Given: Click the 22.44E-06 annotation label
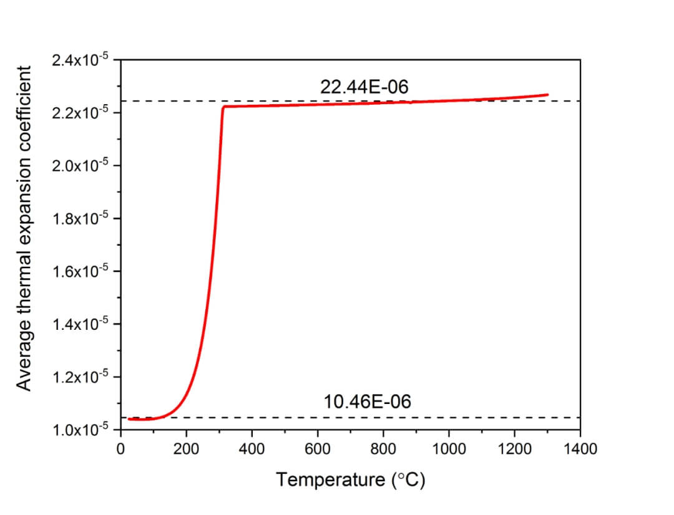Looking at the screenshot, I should click(364, 87).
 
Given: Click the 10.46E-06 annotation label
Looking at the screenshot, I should click(368, 402).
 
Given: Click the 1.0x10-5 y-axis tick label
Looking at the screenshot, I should click(82, 430).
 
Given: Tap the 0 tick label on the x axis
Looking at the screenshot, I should click(121, 448).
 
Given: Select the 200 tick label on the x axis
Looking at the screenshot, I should click(186, 448).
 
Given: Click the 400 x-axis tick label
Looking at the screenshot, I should click(252, 448).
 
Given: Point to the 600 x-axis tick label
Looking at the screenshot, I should click(318, 448).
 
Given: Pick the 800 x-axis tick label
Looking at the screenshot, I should click(383, 448).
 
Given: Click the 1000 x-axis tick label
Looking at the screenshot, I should click(449, 448).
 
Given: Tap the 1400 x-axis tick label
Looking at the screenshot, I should click(580, 448).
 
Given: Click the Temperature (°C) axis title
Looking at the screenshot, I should click(351, 479).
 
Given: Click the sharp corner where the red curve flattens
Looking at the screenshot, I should click(223, 107).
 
